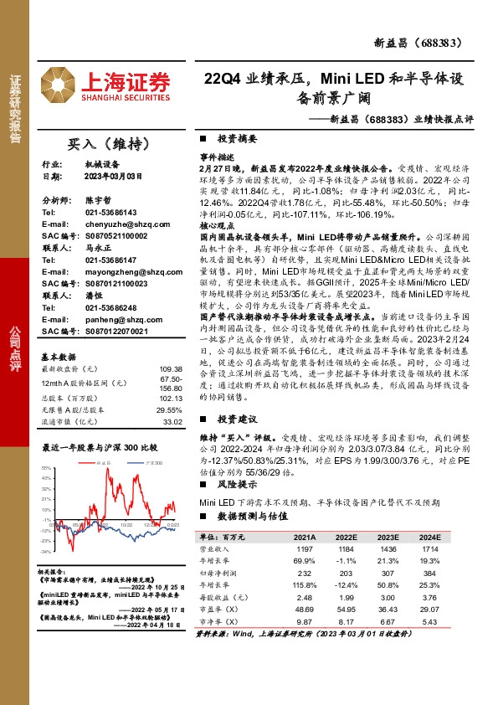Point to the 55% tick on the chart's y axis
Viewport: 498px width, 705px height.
click(x=47, y=466)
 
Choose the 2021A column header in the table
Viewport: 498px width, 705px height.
click(x=303, y=536)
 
